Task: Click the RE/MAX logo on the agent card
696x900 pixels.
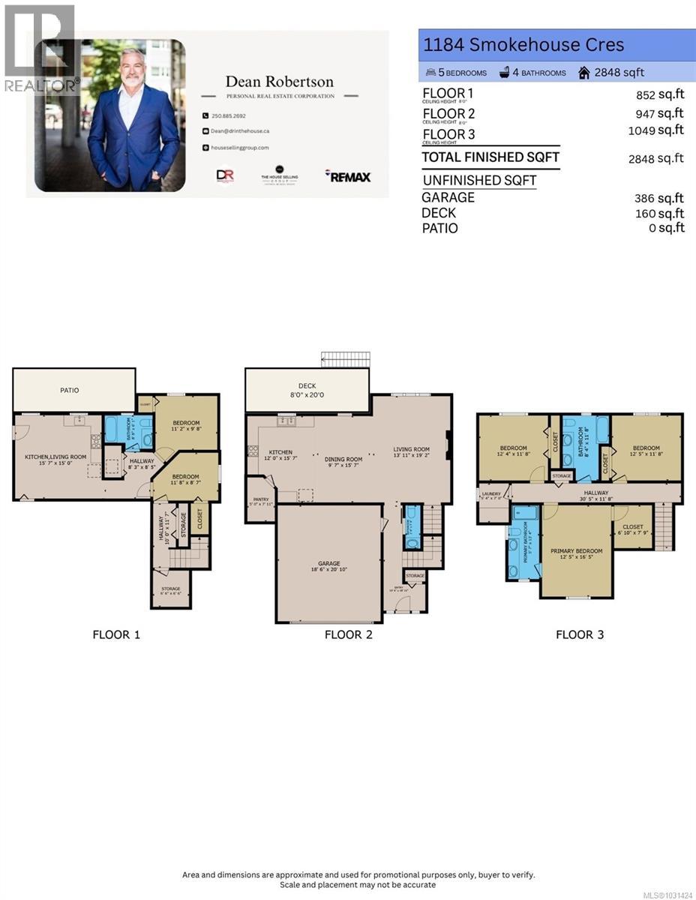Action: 347,175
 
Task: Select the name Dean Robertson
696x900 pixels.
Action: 280,82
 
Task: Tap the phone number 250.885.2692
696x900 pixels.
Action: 229,115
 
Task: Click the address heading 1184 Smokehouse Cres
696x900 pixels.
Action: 523,45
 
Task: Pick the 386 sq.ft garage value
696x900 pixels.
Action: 659,198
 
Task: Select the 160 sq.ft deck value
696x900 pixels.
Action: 659,213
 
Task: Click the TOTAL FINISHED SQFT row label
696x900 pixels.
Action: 490,157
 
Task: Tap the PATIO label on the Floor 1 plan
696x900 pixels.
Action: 70,390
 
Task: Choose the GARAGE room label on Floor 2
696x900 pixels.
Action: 328,563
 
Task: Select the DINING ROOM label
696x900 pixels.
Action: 343,459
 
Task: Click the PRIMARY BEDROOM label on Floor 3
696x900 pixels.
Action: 576,551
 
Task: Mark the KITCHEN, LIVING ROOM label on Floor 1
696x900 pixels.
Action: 56,457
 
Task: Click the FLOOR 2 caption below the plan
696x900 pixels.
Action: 348,634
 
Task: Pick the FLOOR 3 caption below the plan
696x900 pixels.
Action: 580,634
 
